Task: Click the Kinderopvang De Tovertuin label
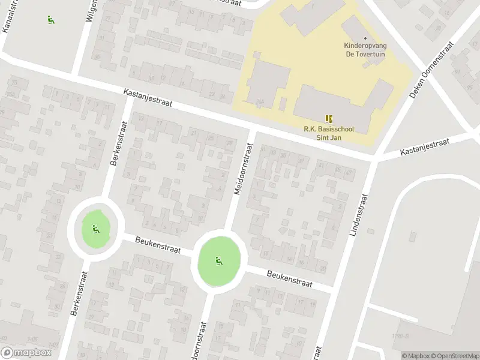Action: coord(365,49)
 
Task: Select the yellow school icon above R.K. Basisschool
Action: coord(328,118)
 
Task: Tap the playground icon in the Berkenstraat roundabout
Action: coord(95,228)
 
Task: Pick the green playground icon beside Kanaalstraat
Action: coord(50,19)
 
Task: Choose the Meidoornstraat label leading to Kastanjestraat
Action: coord(244,167)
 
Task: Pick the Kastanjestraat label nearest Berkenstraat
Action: coord(148,98)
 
